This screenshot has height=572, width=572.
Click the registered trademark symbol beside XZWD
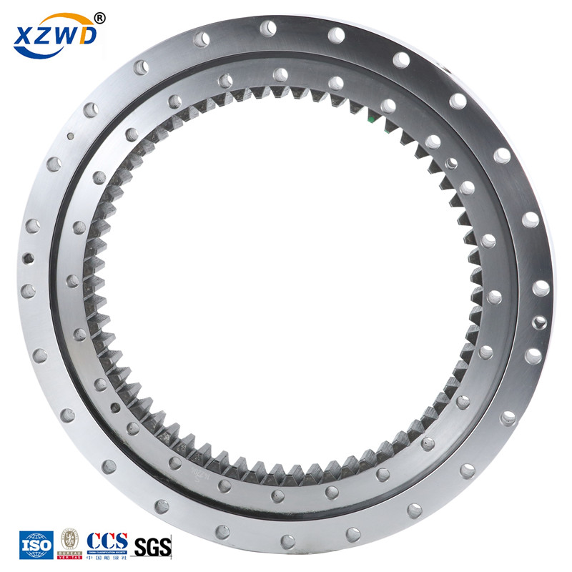99,16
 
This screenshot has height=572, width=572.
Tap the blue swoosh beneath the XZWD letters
57,51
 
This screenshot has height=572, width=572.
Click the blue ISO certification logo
36,545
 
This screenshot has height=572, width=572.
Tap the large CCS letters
107,540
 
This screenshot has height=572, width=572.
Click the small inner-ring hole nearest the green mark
388,106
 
